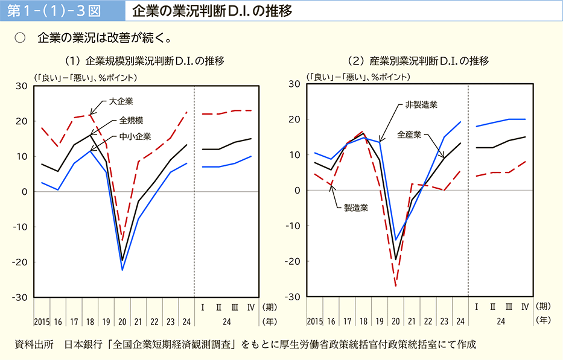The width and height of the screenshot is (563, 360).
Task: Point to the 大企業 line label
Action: pyautogui.click(x=121, y=101)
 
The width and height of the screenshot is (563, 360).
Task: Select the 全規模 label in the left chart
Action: pyautogui.click(x=131, y=119)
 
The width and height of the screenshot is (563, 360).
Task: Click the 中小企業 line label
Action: pyautogui.click(x=135, y=136)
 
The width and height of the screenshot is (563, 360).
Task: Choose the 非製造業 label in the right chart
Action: pyautogui.click(x=421, y=104)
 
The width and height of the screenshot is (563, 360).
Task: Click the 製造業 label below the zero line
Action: pyautogui.click(x=356, y=208)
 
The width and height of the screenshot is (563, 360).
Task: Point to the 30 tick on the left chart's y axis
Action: pyautogui.click(x=22, y=86)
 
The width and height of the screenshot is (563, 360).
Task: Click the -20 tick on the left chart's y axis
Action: pyautogui.click(x=20, y=262)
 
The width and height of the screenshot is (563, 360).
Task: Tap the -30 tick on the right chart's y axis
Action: pyautogui.click(x=293, y=297)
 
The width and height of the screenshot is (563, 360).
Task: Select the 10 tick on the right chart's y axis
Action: pyautogui.click(x=296, y=155)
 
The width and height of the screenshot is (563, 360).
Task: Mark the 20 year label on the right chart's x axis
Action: pyautogui.click(x=396, y=321)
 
